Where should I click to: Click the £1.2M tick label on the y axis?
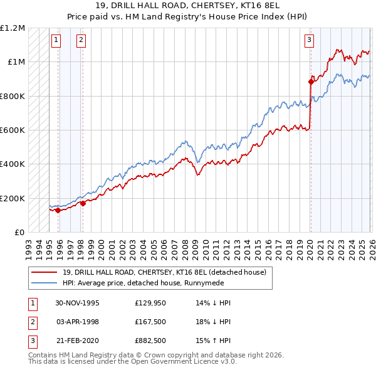13,28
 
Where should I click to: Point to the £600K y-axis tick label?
13,130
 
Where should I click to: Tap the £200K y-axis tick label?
13,198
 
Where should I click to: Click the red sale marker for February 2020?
311,82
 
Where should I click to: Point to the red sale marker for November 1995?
58,210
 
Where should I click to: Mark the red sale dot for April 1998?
83,203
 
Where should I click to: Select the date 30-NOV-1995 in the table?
77,303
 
